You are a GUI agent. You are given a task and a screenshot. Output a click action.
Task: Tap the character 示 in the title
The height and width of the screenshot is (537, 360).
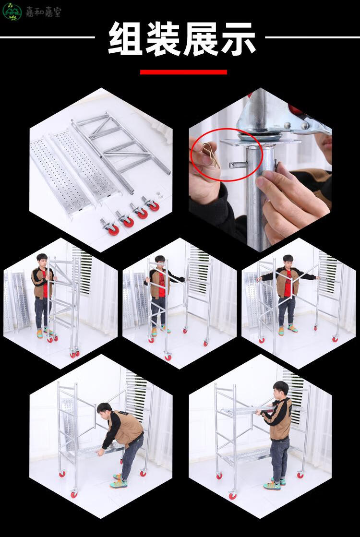pos(238,38)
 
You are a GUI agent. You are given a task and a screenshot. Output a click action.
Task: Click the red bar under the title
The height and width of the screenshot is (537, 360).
pos(183,72)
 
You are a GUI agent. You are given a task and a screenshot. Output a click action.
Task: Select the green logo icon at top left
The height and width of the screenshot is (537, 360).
pos(12,12)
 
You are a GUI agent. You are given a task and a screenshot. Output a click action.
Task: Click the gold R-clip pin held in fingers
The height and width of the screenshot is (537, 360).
pos(210,155)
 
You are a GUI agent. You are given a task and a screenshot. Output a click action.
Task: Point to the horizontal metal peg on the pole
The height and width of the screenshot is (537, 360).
pos(238,165)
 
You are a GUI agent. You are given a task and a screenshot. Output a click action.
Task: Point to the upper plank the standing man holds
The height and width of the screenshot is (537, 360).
pos(247,410)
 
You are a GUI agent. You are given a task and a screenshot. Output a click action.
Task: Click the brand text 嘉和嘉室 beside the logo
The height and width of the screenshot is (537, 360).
pos(43,12)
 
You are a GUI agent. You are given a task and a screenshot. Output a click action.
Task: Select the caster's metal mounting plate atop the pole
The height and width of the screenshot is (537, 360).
pos(260,142)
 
